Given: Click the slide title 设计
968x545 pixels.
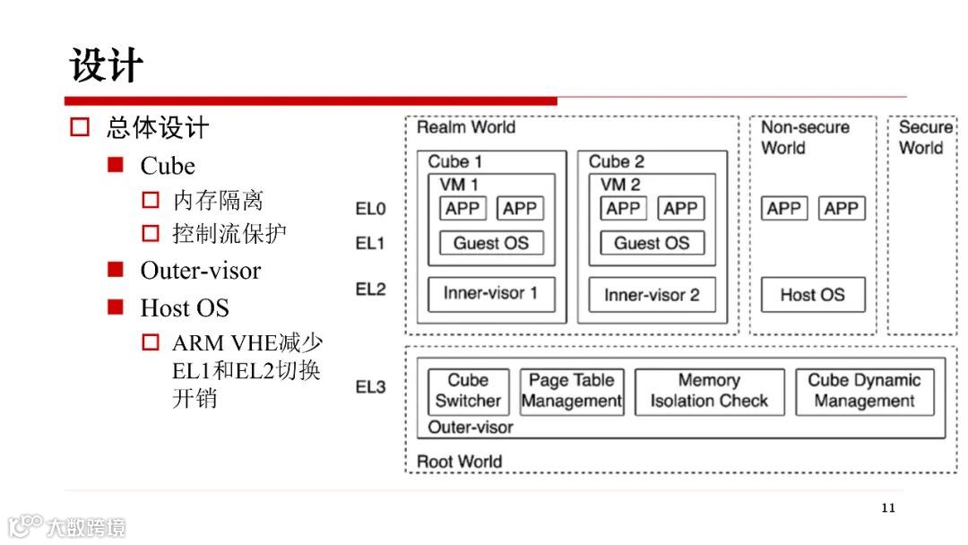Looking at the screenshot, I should coord(107,66).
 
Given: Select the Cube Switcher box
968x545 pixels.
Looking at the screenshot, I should coord(468,391).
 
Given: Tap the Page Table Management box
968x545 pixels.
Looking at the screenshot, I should coord(572,391).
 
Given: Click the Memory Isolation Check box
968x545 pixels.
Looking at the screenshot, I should coord(709,391).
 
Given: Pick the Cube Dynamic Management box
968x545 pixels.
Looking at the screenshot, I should coord(864,391).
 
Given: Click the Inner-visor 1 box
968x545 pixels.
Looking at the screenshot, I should coord(490,294).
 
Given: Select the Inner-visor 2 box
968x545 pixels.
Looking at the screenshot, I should coord(652,294).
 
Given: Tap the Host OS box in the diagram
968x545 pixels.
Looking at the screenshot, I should coord(812,294).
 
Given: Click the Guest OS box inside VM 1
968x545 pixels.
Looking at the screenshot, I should coord(490,243).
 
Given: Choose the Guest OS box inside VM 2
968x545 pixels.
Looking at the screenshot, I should coord(652,243).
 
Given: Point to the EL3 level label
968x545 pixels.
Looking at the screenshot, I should coord(371,387).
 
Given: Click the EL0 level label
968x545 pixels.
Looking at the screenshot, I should coord(371,209).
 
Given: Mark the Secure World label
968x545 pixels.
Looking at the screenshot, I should coord(924,137).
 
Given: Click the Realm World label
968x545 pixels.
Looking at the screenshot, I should coord(466,127).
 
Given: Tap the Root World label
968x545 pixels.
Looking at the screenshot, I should coord(460,462).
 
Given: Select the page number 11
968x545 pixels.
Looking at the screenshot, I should coord(887,508).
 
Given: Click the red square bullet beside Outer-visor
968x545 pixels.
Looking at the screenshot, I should coord(115,270).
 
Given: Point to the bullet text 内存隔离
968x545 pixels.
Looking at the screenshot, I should coord(218,200).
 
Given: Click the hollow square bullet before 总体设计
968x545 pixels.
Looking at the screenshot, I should coord(81,127).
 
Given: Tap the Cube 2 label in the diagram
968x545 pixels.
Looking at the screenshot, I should coord(617,161).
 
